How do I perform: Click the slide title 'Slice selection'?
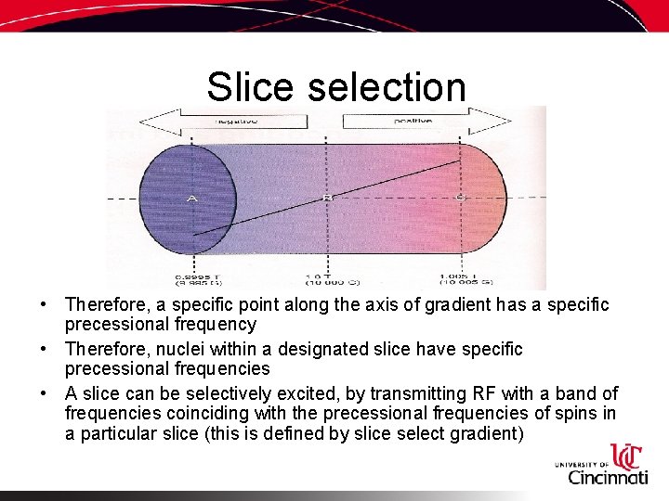(335, 87)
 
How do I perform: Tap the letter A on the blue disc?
(191, 199)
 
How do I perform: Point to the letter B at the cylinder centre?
(326, 198)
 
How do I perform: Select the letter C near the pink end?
(460, 198)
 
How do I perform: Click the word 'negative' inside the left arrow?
(237, 121)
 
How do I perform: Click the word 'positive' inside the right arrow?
(413, 121)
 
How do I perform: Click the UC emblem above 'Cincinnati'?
(627, 456)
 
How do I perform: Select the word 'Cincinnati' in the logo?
(608, 477)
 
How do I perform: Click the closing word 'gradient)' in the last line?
(486, 433)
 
